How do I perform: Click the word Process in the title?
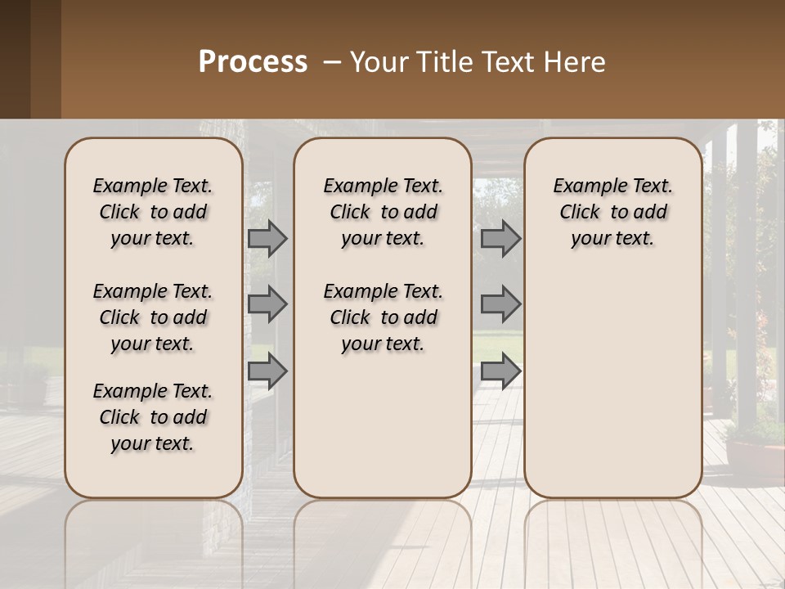pos(253,62)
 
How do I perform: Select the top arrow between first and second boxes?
pos(267,238)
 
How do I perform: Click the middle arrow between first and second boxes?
pos(267,304)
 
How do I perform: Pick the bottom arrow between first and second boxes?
pos(267,371)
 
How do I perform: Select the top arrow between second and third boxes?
pos(500,238)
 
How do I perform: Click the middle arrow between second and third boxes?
pos(500,304)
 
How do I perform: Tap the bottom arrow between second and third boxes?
pos(500,371)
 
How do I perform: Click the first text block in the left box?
pos(153,212)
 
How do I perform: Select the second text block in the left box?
pos(153,317)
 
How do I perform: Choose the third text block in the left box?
pos(153,417)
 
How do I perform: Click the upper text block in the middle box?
pos(383,212)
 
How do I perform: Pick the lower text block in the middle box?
pos(383,317)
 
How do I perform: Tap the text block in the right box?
pos(612,212)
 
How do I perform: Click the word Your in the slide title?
pos(375,62)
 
